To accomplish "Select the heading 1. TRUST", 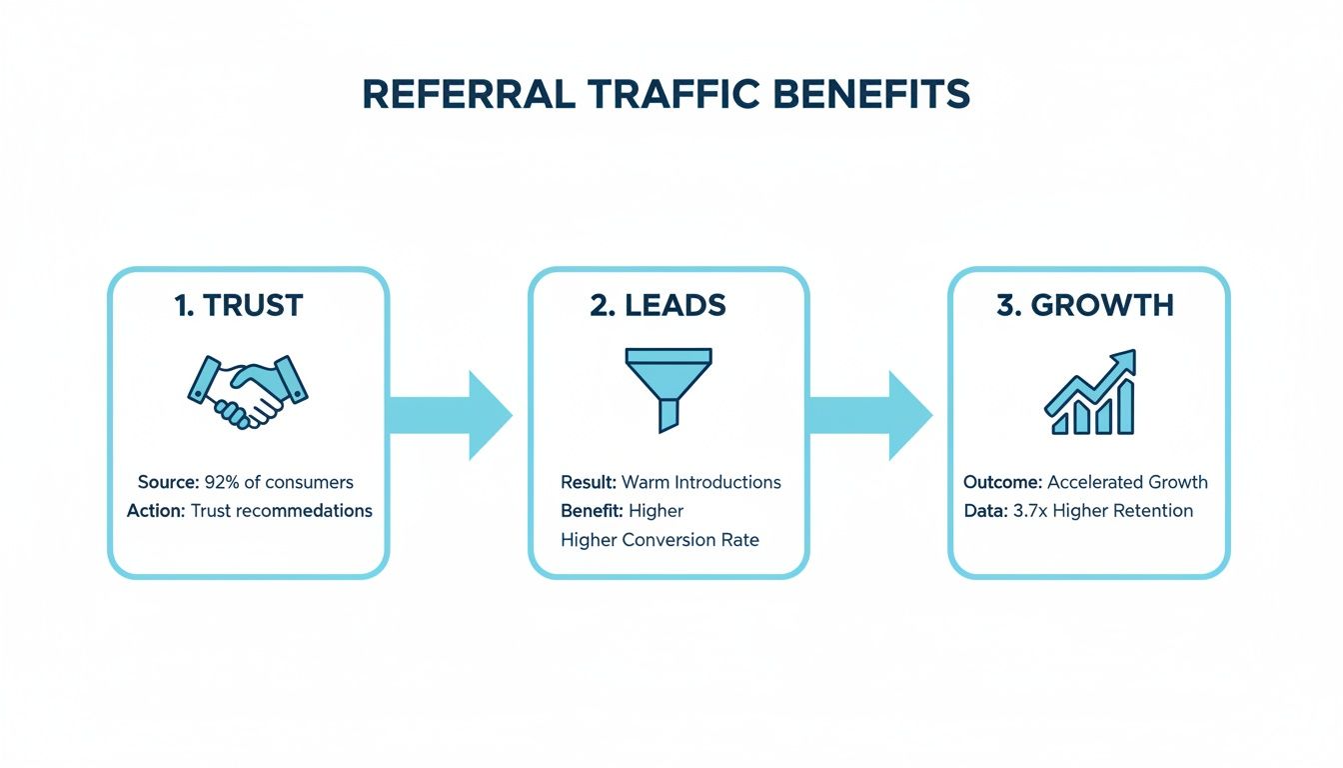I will pyautogui.click(x=238, y=306).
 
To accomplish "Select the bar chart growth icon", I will pyautogui.click(x=1091, y=393).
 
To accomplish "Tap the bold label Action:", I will pyautogui.click(x=157, y=511).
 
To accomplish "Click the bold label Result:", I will pyautogui.click(x=588, y=482).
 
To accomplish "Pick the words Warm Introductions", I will pyautogui.click(x=700, y=482).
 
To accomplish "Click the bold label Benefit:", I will pyautogui.click(x=592, y=511).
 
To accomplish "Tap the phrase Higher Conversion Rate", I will pyautogui.click(x=660, y=540).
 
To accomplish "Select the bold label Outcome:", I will pyautogui.click(x=1002, y=482).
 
